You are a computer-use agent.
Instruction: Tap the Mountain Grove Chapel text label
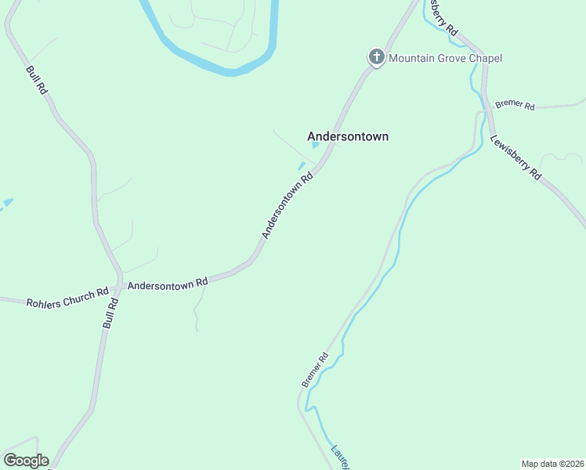click(x=445, y=58)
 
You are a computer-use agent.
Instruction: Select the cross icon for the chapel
click(x=376, y=57)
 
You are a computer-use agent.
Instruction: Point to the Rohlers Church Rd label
click(x=67, y=298)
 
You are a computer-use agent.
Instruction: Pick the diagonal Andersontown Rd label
click(x=288, y=206)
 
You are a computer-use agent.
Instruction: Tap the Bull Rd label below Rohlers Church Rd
click(x=110, y=313)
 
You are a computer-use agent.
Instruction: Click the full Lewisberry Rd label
click(x=515, y=159)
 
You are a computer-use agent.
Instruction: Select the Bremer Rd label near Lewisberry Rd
click(x=515, y=106)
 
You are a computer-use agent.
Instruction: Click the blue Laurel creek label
click(x=339, y=457)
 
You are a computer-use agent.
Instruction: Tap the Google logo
click(x=26, y=461)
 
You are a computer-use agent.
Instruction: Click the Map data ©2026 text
click(x=552, y=464)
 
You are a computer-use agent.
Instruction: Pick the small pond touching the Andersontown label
click(x=315, y=145)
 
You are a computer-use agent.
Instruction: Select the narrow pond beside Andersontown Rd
click(x=301, y=166)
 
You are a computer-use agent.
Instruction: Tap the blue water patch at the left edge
click(x=6, y=204)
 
